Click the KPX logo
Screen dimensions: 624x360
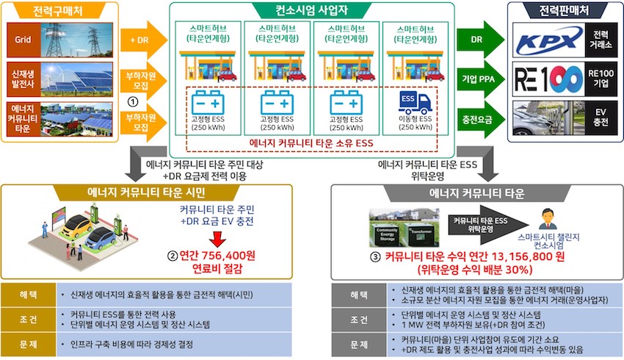point(549,40)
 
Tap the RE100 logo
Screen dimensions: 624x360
point(549,79)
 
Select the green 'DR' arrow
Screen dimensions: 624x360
point(480,40)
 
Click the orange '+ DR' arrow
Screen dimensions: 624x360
point(144,40)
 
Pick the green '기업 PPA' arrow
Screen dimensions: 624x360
point(480,79)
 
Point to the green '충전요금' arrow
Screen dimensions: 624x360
point(480,119)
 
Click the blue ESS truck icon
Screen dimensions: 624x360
point(415,103)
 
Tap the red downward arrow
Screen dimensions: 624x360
point(217,240)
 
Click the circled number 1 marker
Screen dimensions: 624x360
point(133,102)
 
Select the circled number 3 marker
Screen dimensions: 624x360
point(375,257)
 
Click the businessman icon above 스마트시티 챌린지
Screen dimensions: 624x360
point(548,220)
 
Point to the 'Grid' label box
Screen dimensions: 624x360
point(23,40)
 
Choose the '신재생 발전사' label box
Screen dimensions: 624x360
point(23,79)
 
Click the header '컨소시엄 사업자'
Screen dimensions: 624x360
point(311,10)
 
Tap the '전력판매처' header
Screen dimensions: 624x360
point(564,11)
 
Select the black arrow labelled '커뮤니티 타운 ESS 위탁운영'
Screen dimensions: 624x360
point(488,225)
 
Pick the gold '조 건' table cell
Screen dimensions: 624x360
point(29,320)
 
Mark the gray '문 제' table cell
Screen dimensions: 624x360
point(359,345)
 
